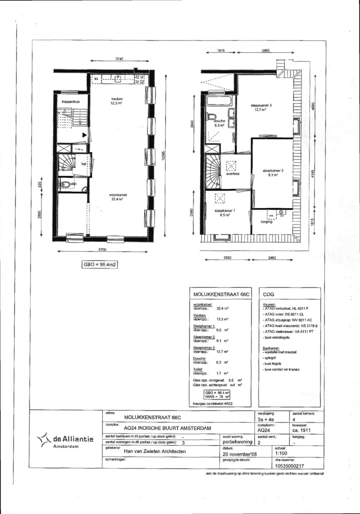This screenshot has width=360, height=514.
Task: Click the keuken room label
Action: coord(116,99)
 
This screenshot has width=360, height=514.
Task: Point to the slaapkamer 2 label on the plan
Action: coord(273,171)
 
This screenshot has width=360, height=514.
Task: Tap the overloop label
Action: coord(233,174)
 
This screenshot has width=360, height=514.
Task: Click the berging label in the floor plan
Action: coord(266,221)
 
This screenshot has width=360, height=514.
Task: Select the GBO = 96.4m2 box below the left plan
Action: coord(99,264)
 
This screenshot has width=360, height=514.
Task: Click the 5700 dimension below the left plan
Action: coord(102,249)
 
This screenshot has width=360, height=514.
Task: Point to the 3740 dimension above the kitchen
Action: coord(119,59)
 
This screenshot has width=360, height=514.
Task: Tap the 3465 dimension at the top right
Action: coord(265,50)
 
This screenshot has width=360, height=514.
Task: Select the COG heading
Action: coord(268,295)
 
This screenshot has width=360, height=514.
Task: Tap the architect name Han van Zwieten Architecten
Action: coord(155,451)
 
